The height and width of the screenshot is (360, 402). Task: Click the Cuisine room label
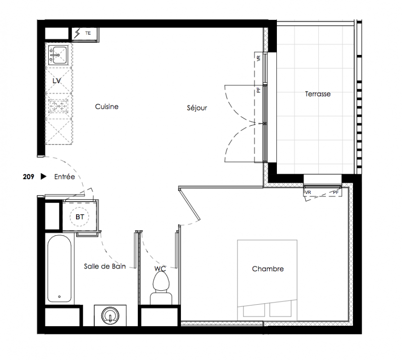[x=107, y=107]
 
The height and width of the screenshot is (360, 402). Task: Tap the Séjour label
[x=197, y=108]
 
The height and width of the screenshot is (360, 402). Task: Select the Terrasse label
[x=318, y=94]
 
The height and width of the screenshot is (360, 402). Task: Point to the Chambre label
[x=268, y=269]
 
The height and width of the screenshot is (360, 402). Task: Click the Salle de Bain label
[x=105, y=266]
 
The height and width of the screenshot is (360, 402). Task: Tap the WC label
[x=160, y=269]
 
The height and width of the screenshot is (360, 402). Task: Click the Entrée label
[x=65, y=176]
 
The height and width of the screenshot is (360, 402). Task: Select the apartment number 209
[x=28, y=177]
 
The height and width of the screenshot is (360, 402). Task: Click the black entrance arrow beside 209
[x=44, y=176]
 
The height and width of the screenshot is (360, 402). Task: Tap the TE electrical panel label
[x=88, y=33]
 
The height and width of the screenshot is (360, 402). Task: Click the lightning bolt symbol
[x=77, y=34]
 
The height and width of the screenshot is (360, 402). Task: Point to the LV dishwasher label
[x=57, y=81]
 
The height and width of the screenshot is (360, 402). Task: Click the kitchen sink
[x=58, y=55]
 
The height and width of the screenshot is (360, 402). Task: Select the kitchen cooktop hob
[x=59, y=106]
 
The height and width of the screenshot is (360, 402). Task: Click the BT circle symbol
[x=80, y=217]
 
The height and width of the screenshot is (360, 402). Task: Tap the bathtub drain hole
[x=59, y=297]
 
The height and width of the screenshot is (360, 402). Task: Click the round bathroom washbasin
[x=110, y=315]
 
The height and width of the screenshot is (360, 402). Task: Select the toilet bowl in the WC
[x=161, y=282]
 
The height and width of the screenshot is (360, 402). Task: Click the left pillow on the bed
[x=254, y=310]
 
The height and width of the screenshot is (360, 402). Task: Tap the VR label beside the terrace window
[x=258, y=58]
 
